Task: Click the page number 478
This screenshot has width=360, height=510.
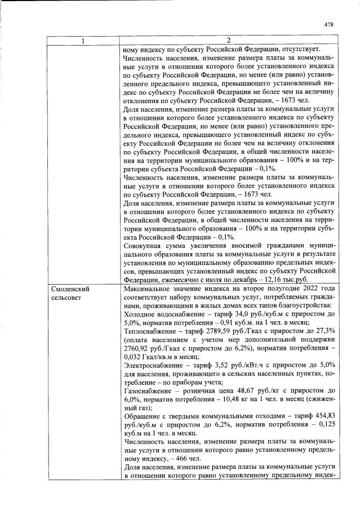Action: (330, 24)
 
